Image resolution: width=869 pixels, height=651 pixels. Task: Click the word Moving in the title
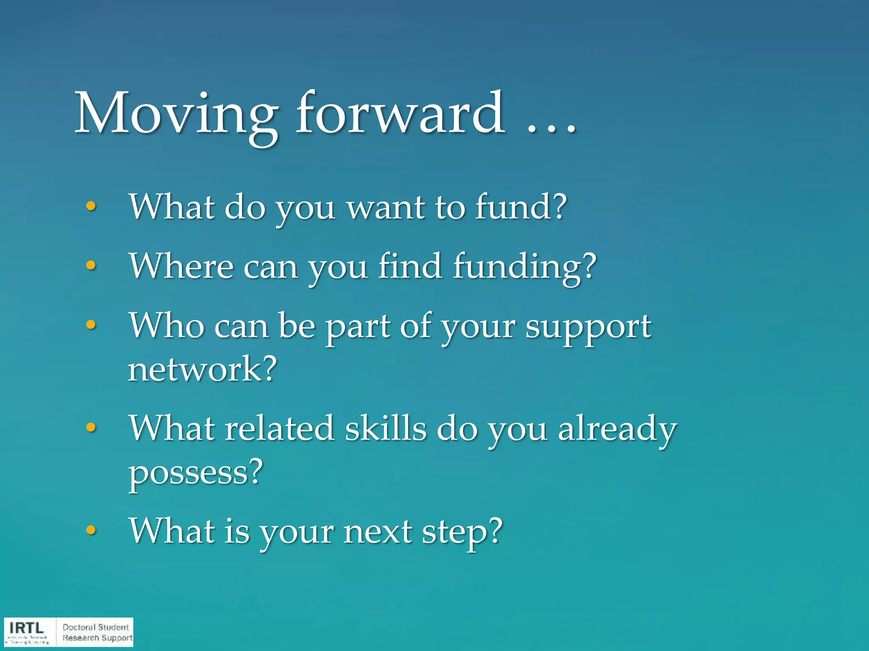coord(176,114)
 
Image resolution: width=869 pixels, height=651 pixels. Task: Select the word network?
coord(202,369)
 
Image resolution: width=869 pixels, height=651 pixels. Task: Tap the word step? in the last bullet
coord(462,532)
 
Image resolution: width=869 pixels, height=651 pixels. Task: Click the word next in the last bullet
coord(378,531)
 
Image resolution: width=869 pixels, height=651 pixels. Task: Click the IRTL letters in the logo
coord(26,628)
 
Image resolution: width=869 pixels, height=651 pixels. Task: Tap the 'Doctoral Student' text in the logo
coord(95,627)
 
